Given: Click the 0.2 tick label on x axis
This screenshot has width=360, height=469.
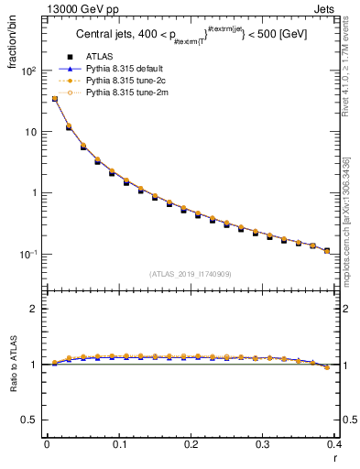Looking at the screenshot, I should pyautogui.click(x=191, y=444).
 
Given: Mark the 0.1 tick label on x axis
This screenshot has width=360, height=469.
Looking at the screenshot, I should pyautogui.click(x=119, y=444).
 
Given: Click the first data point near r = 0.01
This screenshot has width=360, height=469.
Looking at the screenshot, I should pyautogui.click(x=55, y=99).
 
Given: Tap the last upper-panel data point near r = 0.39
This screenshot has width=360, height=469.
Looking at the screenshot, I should pyautogui.click(x=327, y=251).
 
